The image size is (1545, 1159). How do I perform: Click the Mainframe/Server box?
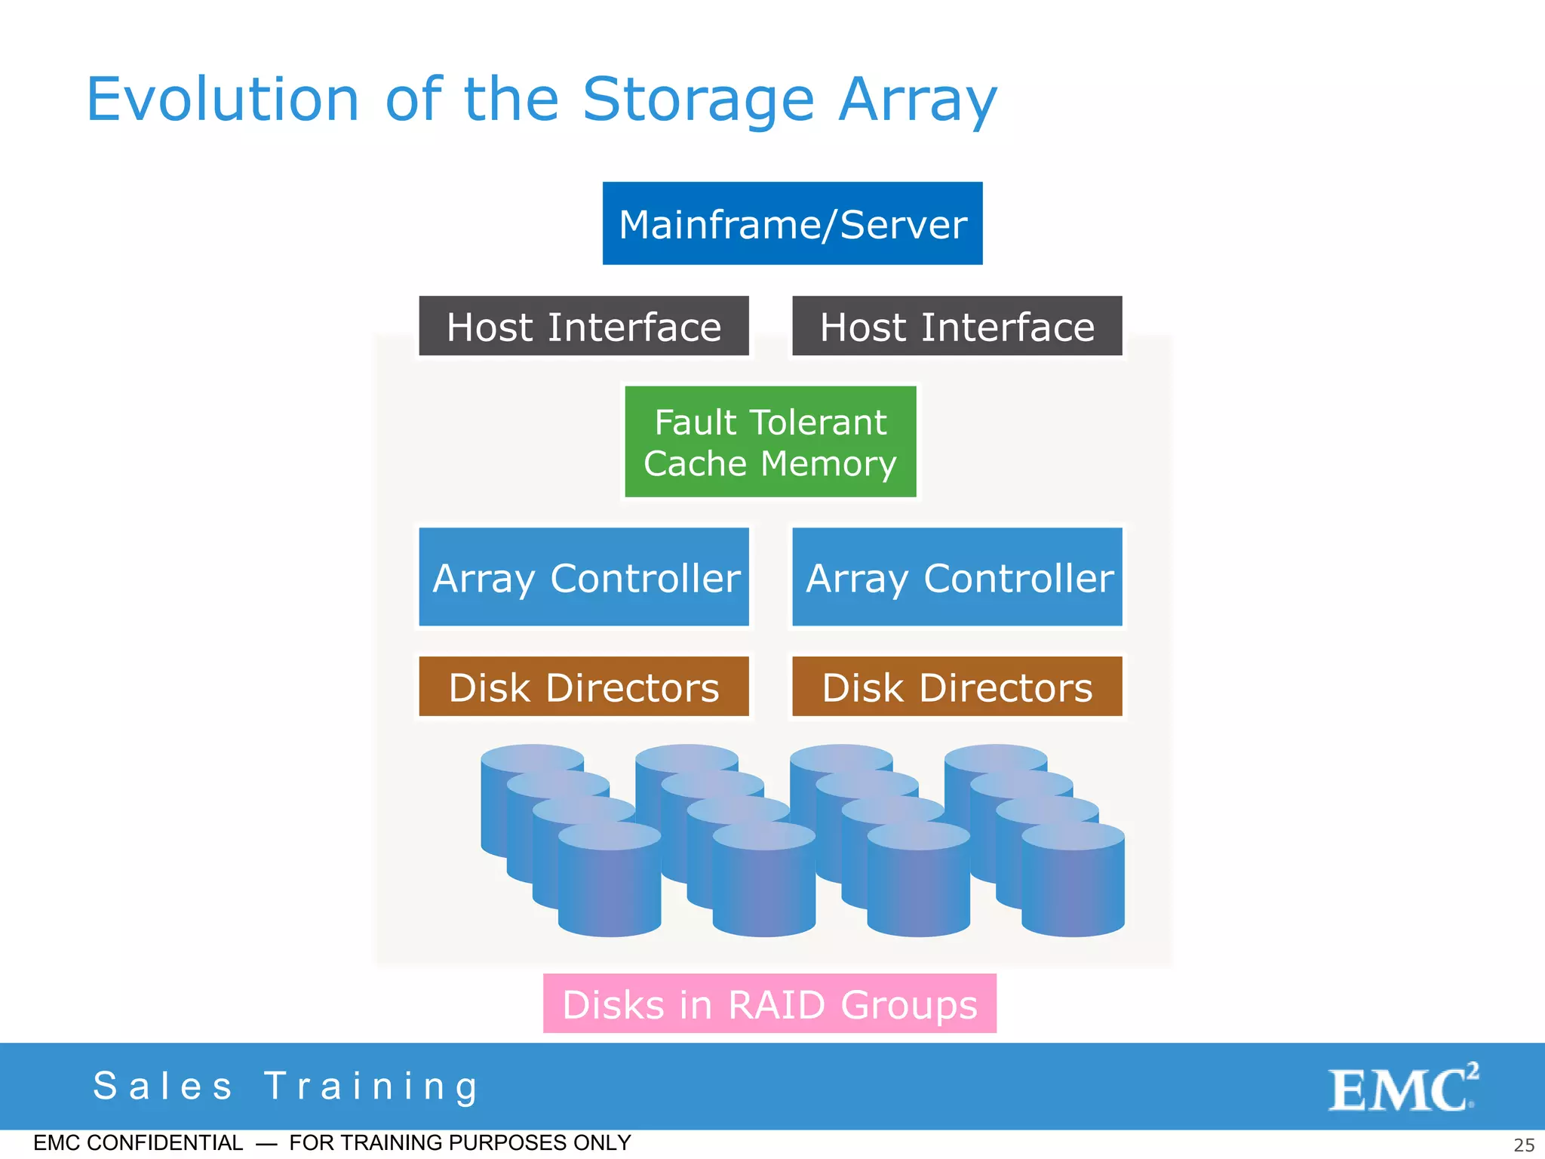coord(792,223)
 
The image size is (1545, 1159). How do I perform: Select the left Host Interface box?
coord(584,326)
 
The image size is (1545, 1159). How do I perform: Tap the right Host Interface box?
coord(957,326)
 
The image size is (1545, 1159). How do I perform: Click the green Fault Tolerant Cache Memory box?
coord(770,441)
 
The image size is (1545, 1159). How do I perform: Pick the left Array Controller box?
coord(584,577)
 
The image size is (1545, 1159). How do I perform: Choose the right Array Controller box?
coord(957,577)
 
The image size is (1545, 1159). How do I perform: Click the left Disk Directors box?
coord(584,687)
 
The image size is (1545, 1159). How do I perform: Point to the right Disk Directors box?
coord(957,687)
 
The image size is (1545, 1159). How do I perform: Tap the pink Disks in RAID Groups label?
coord(769,1004)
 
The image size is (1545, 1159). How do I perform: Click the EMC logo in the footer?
coord(1402,1088)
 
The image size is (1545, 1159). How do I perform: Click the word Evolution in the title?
coord(223,100)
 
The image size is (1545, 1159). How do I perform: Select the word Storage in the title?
coord(698,100)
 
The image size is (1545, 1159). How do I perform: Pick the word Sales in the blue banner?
coord(163,1087)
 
